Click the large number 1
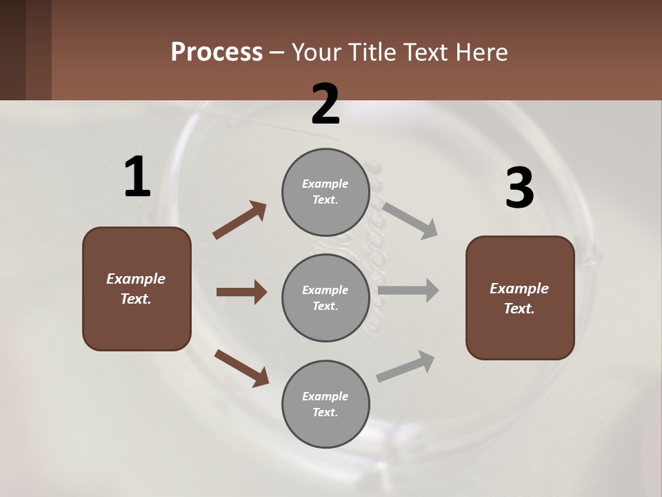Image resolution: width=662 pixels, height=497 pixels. pos(137,177)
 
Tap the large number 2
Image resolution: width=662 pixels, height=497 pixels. pos(325,104)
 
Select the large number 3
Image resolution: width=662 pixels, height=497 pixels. pos(519,188)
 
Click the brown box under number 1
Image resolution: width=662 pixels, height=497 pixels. pos(137,289)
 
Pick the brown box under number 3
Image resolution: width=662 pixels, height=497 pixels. pos(520,298)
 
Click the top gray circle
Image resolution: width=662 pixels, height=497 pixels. pos(325,191)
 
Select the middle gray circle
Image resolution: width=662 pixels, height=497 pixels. pos(325,298)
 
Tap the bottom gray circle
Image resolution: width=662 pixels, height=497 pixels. pos(325,404)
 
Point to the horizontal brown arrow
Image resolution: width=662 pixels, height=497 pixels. pos(241,292)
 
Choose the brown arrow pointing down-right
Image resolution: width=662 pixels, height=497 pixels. pos(241,368)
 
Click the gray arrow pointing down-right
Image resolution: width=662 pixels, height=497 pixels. pos(410,220)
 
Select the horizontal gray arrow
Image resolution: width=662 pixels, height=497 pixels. pos(408,291)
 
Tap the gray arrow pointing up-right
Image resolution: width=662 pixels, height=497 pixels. pos(405,366)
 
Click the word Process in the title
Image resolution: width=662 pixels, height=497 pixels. pos(217,52)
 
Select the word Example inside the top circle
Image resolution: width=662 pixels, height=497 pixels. pos(325,184)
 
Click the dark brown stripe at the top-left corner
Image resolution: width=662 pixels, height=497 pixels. pos(12,50)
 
